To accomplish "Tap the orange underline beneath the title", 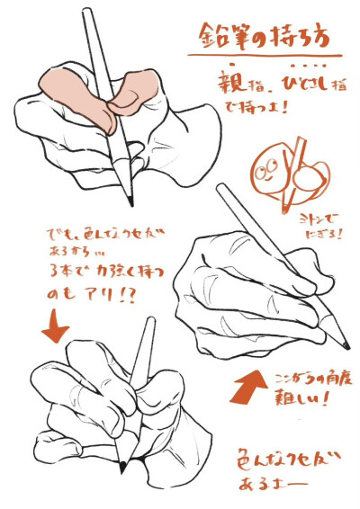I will [x=270, y=57].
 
